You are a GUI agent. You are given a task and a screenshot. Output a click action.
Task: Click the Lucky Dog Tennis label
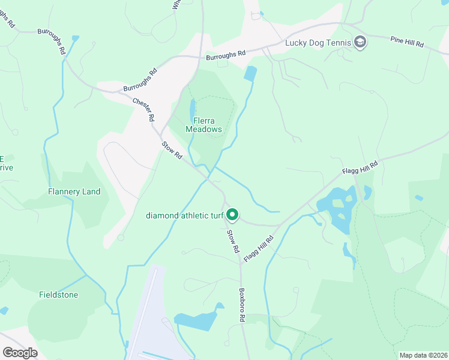pyautogui.click(x=318, y=42)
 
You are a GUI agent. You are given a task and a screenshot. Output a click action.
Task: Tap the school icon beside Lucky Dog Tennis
pyautogui.click(x=360, y=42)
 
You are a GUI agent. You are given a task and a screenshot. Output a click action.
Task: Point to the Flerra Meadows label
pyautogui.click(x=203, y=125)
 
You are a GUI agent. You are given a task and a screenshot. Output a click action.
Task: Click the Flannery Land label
pyautogui.click(x=74, y=192)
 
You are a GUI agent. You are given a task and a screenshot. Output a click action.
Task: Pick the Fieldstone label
pyautogui.click(x=59, y=295)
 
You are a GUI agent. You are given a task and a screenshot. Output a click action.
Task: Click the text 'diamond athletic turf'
pyautogui.click(x=184, y=215)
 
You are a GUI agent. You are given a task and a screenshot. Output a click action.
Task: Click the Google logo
pyautogui.click(x=20, y=353)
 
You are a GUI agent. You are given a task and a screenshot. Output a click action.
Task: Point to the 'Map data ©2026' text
pyautogui.click(x=423, y=355)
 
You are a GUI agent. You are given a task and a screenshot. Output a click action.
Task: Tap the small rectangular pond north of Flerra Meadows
pyautogui.click(x=250, y=74)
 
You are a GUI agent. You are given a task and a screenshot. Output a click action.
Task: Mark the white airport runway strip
pyautogui.click(x=144, y=312)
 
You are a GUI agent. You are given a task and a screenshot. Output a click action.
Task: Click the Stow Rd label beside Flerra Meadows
pyautogui.click(x=172, y=150)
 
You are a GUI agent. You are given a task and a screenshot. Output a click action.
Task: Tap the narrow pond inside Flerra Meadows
pyautogui.click(x=192, y=111)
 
